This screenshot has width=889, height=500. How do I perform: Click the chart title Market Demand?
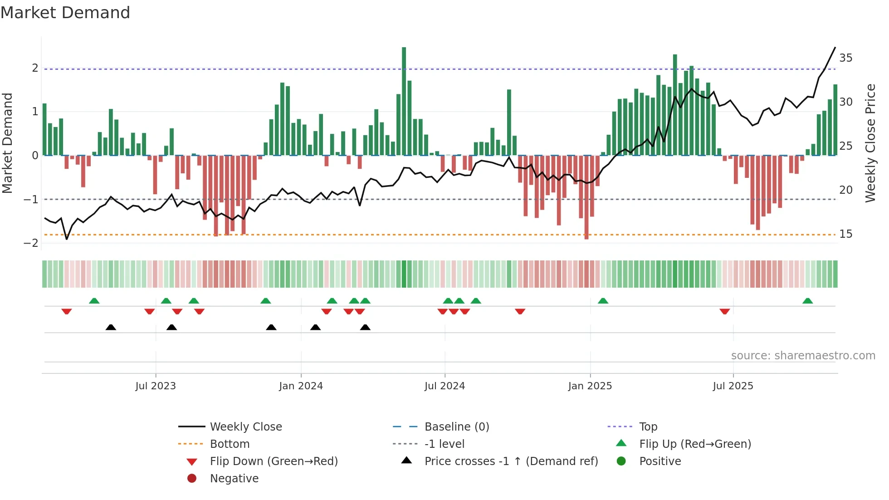point(65,13)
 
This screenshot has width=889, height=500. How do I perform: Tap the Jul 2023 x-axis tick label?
point(156,386)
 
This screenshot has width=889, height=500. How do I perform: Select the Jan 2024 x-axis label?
point(301,386)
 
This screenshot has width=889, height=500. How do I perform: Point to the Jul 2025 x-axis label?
point(733,386)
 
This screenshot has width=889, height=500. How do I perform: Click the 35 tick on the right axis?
point(845,58)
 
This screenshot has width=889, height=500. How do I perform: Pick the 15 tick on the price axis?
point(845,234)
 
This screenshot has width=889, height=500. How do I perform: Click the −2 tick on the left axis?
point(31,243)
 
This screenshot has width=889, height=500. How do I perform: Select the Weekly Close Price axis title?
point(870,143)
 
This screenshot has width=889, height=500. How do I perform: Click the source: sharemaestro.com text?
point(803,356)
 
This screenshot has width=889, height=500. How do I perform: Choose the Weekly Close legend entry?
point(246,427)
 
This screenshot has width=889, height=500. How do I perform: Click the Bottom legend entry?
point(230,444)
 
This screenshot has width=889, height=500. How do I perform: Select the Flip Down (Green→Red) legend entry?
point(274,461)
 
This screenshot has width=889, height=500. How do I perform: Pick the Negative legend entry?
point(234,479)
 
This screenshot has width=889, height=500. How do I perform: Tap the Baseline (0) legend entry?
point(456,427)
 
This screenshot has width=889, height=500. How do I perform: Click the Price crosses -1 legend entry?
point(511,461)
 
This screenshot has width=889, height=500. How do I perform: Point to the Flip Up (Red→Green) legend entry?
point(695,444)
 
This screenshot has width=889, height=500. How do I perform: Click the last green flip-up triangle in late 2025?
point(807,301)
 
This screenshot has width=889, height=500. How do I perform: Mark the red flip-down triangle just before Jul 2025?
point(724,311)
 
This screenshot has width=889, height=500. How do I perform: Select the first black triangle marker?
point(111,327)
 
